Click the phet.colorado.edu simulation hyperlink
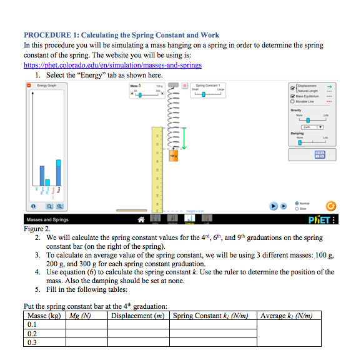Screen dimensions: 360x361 coord(112,64)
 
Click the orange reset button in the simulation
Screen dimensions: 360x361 coord(332,206)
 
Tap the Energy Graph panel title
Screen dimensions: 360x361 coord(47,85)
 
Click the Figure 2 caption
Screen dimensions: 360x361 coord(37,229)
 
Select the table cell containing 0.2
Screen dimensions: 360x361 coord(44,334)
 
